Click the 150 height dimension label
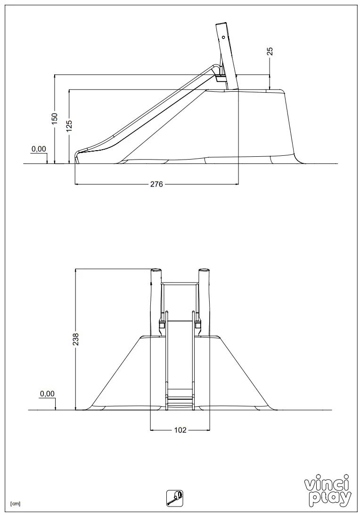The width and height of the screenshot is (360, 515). click(x=55, y=118)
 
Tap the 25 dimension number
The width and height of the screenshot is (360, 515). click(x=270, y=52)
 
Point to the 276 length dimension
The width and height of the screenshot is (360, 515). click(x=156, y=184)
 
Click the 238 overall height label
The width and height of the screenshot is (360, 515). click(x=75, y=339)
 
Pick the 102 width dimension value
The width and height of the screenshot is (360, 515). click(x=180, y=430)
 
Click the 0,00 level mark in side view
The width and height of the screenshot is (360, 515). click(x=39, y=149)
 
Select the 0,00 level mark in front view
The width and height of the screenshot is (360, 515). click(x=47, y=394)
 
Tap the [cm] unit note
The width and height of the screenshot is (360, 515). click(x=15, y=504)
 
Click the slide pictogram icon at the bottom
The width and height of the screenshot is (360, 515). click(x=175, y=498)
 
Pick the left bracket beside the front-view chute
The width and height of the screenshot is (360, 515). click(x=161, y=325)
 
